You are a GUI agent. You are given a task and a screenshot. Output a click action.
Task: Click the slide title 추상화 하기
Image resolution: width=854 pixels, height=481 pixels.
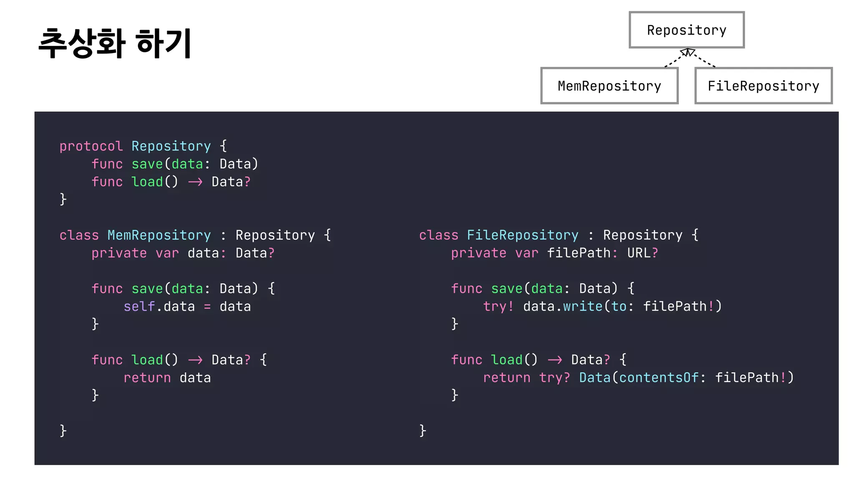point(115,43)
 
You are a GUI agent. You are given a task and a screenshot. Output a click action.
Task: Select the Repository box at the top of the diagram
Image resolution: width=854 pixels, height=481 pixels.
point(686,30)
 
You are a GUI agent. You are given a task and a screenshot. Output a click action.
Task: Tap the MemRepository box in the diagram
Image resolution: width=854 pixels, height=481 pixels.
point(609,86)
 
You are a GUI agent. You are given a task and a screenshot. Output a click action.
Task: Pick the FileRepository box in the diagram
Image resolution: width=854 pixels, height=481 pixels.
point(763,86)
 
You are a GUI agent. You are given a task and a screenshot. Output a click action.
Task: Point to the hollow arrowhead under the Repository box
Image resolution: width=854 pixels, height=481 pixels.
point(688,52)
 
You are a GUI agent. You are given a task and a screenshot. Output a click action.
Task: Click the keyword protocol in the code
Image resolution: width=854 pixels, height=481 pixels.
point(91,146)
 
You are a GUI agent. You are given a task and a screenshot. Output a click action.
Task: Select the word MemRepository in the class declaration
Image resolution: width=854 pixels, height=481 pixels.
point(159,235)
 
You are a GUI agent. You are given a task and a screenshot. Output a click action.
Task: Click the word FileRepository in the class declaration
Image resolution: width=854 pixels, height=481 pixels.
point(522,235)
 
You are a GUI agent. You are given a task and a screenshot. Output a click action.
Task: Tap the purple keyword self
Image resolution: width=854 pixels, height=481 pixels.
point(139,306)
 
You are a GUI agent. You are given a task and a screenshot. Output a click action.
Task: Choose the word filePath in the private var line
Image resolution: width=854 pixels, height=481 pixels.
point(578,253)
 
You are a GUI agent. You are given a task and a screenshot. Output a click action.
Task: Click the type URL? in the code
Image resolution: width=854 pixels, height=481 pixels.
point(643,253)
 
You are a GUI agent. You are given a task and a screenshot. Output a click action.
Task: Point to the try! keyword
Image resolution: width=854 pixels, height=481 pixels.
point(498,306)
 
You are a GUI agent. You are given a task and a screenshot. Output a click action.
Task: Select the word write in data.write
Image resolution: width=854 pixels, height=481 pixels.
point(583,306)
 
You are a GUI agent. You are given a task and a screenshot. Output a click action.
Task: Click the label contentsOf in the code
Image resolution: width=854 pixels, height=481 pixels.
point(658,378)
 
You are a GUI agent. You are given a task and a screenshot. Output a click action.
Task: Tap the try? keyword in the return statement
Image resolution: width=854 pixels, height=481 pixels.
point(554,378)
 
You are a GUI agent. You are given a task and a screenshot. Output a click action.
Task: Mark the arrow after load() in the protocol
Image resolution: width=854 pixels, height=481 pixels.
point(195,182)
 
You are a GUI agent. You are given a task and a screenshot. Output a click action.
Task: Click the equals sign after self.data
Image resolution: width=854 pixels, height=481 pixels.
point(207,307)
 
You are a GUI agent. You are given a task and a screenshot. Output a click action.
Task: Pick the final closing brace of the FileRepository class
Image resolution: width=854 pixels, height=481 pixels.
point(422,430)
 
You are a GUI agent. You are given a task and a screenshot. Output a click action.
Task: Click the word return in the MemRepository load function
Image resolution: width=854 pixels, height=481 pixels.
point(147,378)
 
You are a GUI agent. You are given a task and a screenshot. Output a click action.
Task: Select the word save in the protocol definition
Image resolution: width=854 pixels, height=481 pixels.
point(147,164)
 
